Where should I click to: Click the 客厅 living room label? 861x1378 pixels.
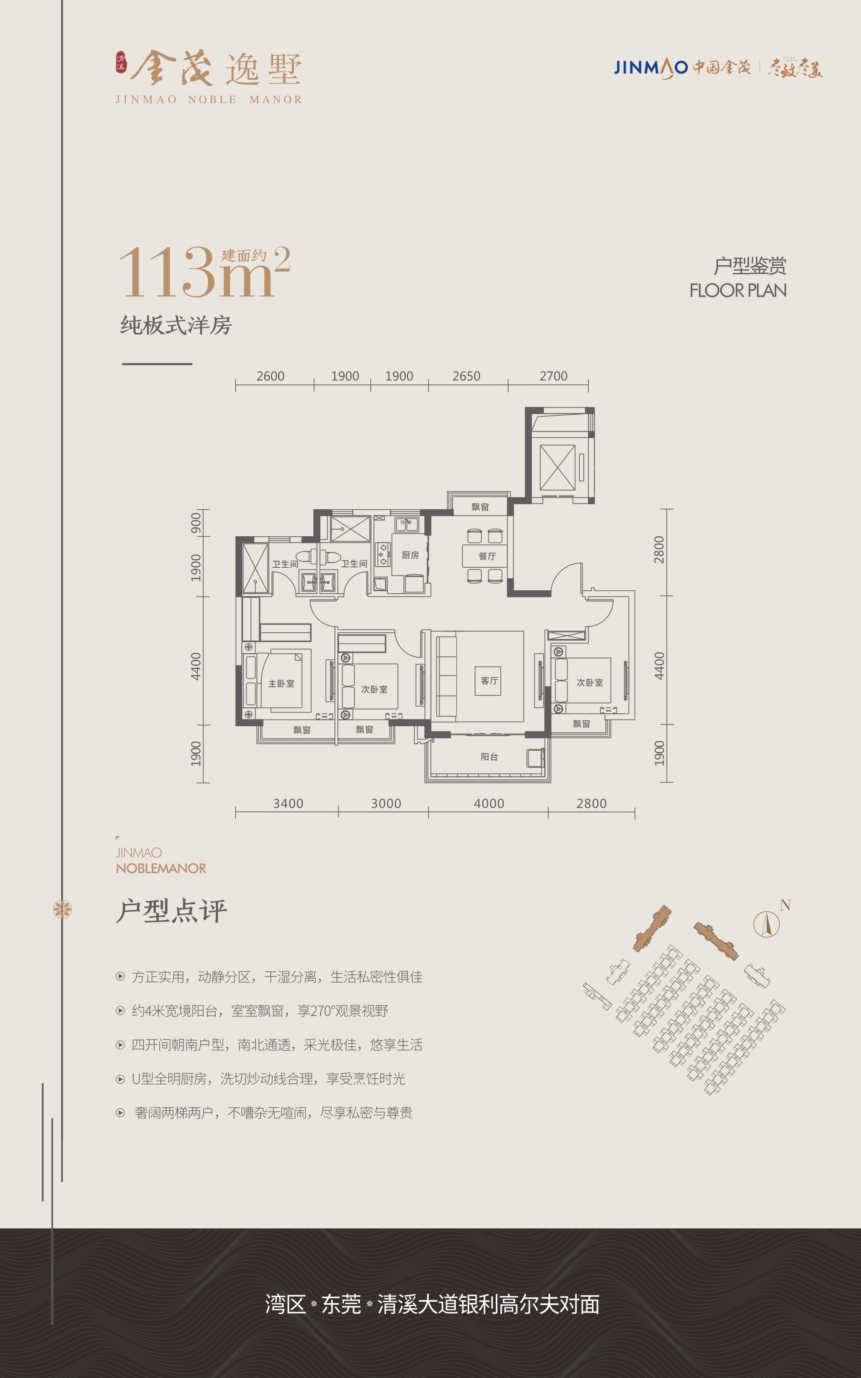tap(489, 681)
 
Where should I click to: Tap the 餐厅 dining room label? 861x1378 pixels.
tap(487, 556)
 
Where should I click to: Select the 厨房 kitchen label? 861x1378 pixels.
tap(410, 555)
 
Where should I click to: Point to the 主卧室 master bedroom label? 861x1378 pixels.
tap(281, 683)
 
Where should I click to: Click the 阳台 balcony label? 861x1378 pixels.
tap(489, 757)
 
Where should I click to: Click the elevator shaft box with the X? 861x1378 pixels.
tap(558, 467)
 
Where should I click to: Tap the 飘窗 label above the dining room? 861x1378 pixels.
tap(480, 507)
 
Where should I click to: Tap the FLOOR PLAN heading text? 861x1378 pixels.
tap(738, 291)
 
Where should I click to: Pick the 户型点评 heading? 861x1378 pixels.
tap(171, 910)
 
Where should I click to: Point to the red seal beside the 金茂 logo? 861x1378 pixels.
tap(121, 62)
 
